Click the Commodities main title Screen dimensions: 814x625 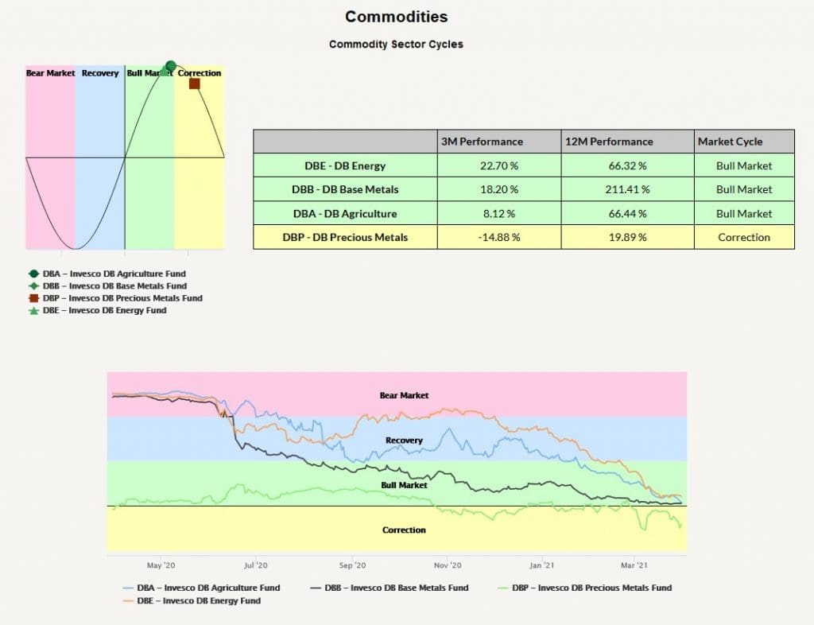click(x=396, y=17)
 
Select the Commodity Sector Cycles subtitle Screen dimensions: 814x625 click(x=396, y=44)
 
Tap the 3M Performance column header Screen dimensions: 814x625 click(x=482, y=142)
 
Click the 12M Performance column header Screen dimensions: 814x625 click(x=609, y=142)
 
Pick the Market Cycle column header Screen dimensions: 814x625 click(x=730, y=142)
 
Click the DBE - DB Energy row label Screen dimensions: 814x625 click(x=345, y=165)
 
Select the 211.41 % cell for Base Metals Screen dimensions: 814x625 click(x=627, y=189)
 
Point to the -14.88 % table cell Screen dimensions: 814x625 click(x=499, y=237)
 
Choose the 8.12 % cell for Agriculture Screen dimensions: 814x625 click(x=499, y=213)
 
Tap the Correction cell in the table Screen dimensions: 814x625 click(x=744, y=237)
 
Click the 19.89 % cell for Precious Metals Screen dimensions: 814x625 click(x=627, y=237)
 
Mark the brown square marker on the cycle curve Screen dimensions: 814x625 click(x=195, y=83)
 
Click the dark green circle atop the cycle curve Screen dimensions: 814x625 click(x=171, y=66)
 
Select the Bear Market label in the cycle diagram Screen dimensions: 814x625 click(x=50, y=73)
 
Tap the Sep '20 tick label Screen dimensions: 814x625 click(x=352, y=565)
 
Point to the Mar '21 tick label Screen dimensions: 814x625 click(x=634, y=565)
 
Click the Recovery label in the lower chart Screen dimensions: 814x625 click(x=404, y=441)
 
